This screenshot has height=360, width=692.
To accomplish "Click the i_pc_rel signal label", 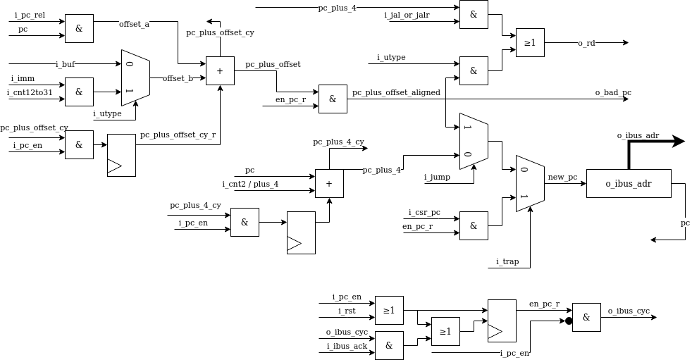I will point(30,15).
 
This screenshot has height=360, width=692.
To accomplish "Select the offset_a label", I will point(134,24).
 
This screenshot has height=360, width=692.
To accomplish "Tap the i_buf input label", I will point(65,64).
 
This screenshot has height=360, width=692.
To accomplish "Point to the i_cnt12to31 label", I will point(30,92).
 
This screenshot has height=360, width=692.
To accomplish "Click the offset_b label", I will point(178,78).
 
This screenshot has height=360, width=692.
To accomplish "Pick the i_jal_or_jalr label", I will point(407,15).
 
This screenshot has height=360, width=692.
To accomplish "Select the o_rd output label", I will point(586,43).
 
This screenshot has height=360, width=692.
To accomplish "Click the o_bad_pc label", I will point(613,92).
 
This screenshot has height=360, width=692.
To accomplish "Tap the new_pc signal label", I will point(562,177).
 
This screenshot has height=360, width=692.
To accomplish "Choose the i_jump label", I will point(437,177).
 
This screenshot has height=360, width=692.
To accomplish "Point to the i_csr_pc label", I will point(424,212).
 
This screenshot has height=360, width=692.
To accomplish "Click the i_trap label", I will point(507,261).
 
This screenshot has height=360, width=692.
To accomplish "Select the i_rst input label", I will point(347,311).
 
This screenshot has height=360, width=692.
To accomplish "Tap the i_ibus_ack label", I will point(347,346).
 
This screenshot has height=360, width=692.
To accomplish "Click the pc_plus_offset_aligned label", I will point(396,92).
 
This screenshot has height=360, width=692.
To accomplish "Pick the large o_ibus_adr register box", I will point(629,184).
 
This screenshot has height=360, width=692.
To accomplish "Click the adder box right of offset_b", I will point(220,71).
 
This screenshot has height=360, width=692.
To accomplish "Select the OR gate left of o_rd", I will point(530,43).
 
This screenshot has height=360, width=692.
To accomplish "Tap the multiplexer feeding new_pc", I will point(530,184).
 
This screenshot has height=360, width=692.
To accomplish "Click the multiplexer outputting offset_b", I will point(135,78).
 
